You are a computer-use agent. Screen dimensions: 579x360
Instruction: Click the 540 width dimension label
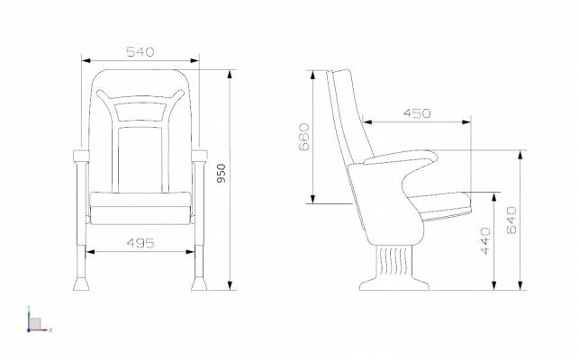[140, 52]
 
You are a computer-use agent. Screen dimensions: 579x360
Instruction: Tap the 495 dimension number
[140, 243]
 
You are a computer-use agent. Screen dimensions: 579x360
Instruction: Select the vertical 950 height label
[221, 173]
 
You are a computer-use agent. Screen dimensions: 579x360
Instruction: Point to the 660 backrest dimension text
[304, 137]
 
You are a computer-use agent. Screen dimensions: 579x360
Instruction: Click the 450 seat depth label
[417, 113]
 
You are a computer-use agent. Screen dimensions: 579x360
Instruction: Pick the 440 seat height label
[485, 241]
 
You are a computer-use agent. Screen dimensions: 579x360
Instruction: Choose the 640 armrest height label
[511, 220]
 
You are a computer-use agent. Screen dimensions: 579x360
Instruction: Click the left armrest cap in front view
[81, 156]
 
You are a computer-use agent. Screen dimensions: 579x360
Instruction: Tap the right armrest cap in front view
[199, 156]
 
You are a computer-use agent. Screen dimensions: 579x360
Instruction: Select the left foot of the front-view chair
[81, 283]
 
